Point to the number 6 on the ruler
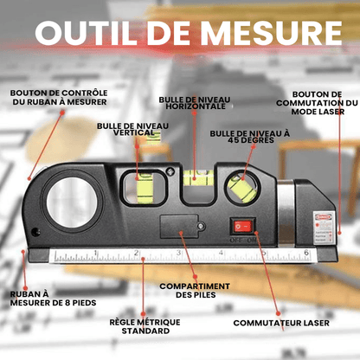point(306,253)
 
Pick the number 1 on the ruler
point(94,253)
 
